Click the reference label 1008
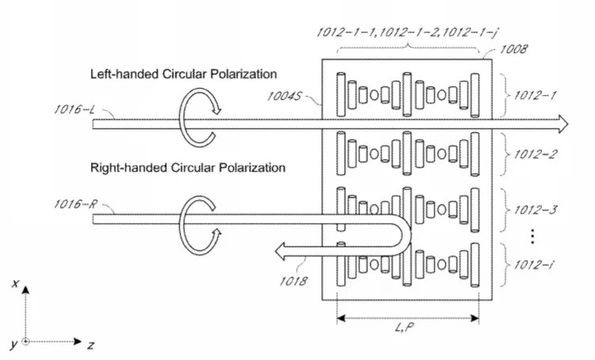point(514,49)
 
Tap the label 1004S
point(285,96)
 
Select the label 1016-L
point(74,110)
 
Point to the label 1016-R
point(75,204)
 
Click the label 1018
point(294,281)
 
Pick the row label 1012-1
point(535,95)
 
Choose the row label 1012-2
point(536,154)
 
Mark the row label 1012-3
point(536,210)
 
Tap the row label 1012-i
point(533,264)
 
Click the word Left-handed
point(124,74)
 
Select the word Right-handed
point(129,168)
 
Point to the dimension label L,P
point(404,327)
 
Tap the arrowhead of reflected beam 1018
point(280,252)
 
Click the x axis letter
point(15,283)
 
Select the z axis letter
point(91,345)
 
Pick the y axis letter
point(14,345)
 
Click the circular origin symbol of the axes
point(25,342)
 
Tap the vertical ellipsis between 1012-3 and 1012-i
point(532,236)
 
